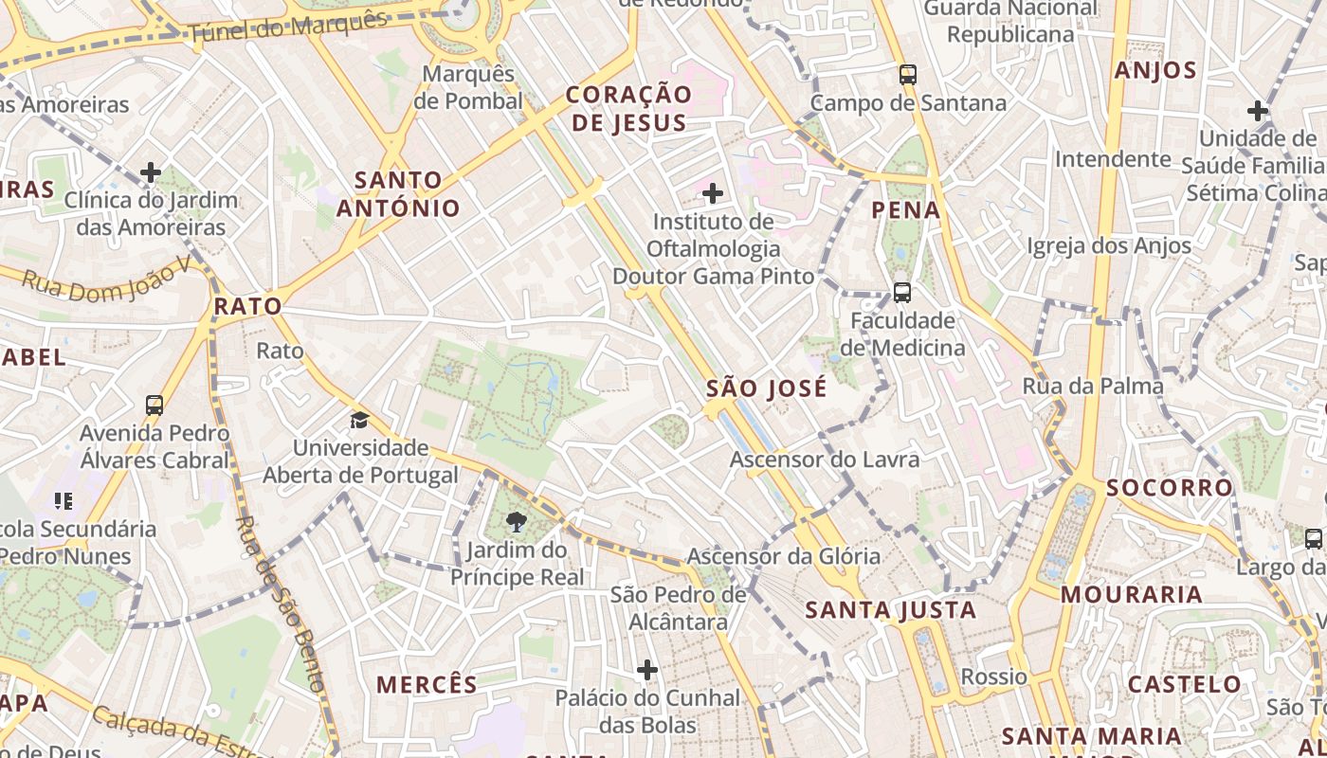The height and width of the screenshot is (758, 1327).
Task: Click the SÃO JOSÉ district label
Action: point(767,388)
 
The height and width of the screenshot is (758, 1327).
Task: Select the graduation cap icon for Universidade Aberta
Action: point(359,420)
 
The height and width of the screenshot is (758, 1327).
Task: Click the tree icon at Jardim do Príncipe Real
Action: point(517,521)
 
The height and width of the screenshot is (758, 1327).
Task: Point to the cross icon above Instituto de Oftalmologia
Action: point(712,193)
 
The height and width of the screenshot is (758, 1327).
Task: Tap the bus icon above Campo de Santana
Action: point(908,74)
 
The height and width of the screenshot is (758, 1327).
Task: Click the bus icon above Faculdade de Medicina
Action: point(901,292)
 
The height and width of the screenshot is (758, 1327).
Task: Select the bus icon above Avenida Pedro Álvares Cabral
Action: point(155,406)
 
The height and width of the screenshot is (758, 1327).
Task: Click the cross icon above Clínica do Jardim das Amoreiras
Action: point(151,172)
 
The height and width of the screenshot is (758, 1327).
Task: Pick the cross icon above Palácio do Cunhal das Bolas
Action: point(647,670)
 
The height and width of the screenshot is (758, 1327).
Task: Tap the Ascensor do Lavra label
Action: point(824,460)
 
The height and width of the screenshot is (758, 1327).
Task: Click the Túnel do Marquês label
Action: point(288,27)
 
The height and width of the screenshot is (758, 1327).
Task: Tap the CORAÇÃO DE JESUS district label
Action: point(628,108)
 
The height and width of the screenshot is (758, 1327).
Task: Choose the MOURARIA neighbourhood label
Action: point(1131,595)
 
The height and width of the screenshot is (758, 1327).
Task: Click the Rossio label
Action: point(993,677)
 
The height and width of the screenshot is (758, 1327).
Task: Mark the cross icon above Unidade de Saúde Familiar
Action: point(1258,111)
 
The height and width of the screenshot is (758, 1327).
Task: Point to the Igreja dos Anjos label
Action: point(1109,246)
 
